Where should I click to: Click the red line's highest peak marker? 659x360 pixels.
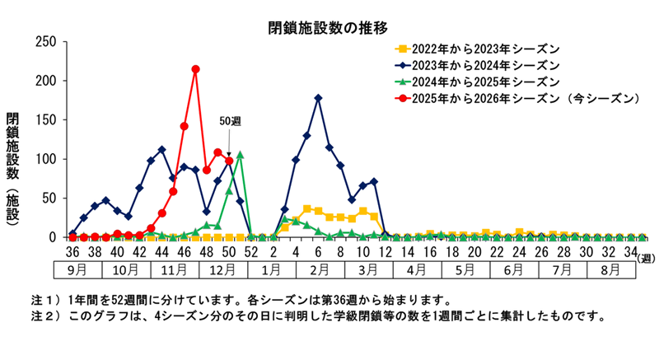(x=195, y=69)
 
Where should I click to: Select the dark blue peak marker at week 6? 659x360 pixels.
(x=318, y=98)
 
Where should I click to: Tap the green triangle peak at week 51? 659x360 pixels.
(x=240, y=154)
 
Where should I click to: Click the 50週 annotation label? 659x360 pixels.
(x=230, y=121)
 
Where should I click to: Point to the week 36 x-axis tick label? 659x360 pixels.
(x=72, y=251)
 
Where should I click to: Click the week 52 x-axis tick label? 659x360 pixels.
(x=250, y=251)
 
